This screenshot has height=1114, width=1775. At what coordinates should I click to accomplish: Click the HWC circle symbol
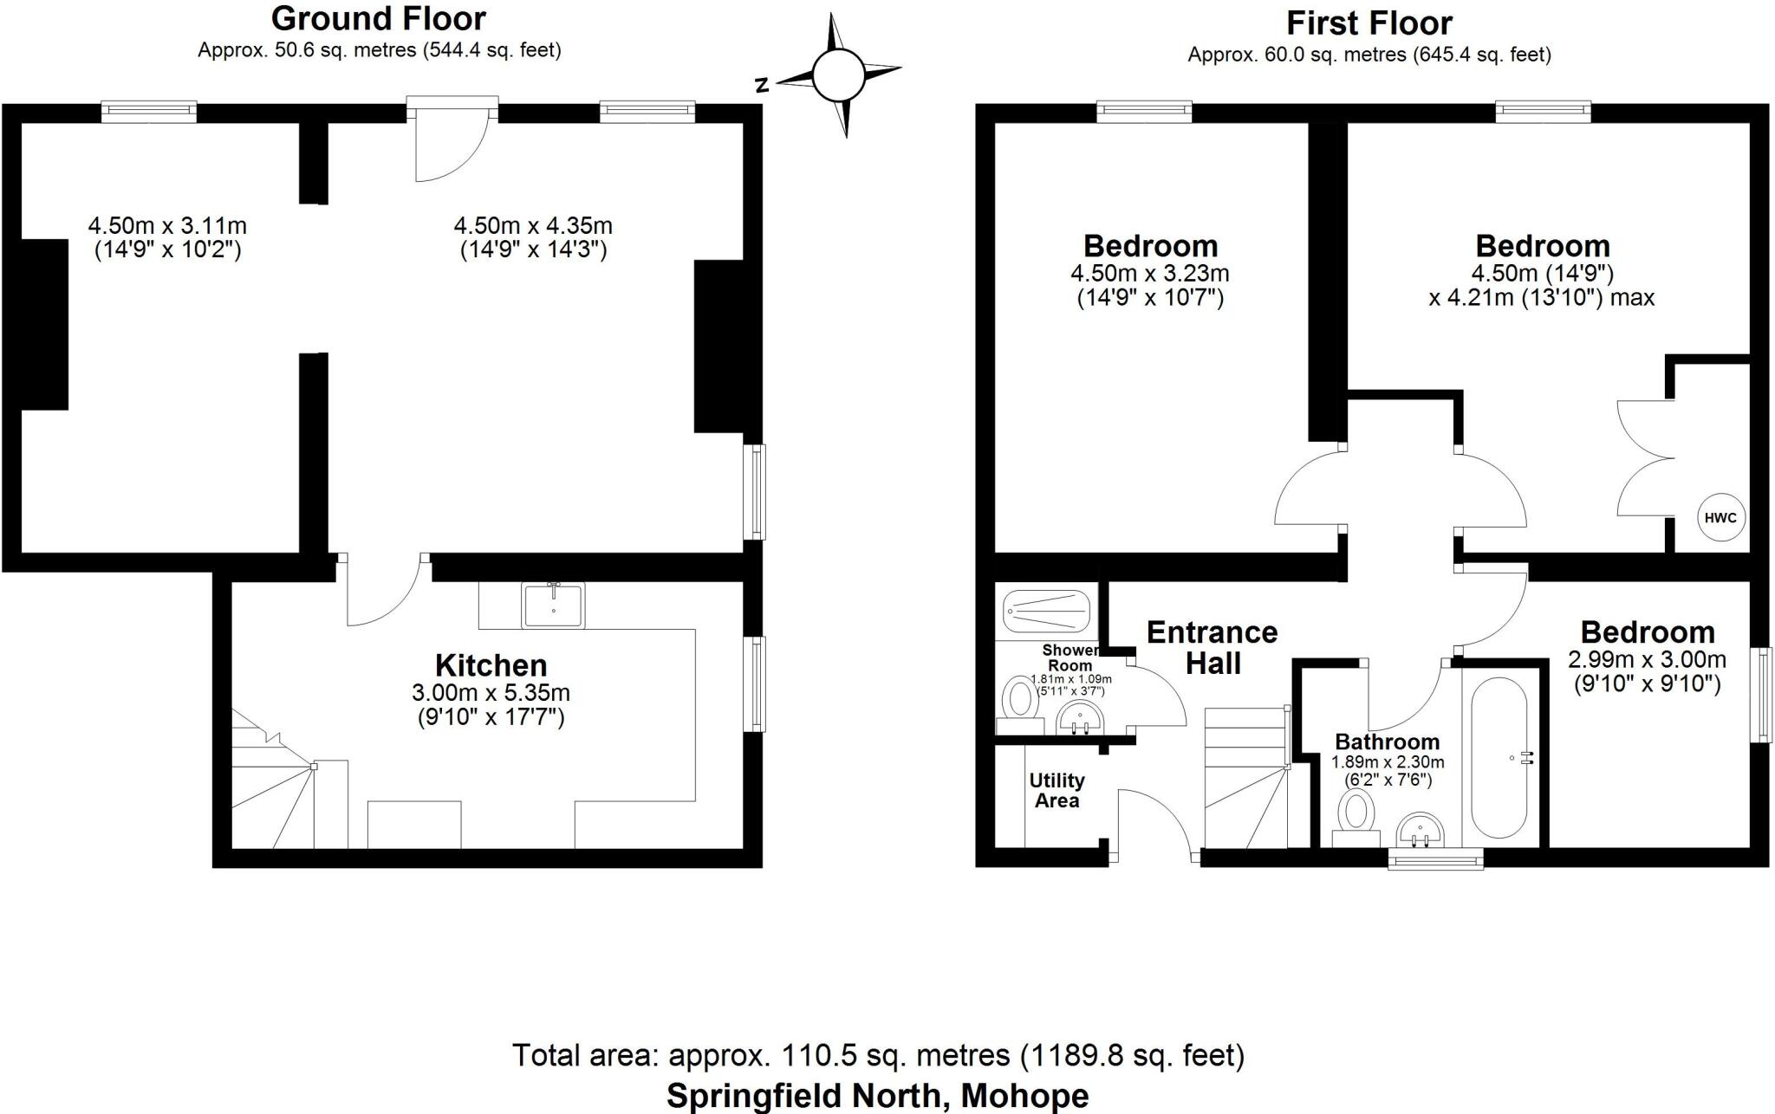pos(1720,518)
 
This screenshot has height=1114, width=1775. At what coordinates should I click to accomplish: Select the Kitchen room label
pos(491,665)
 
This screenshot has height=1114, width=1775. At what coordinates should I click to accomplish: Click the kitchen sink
pos(553,604)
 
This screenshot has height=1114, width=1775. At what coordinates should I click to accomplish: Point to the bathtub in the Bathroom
pos(1499,757)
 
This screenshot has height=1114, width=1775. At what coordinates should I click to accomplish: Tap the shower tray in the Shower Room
pos(1045,612)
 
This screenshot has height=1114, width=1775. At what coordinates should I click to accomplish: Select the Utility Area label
pos(1056,790)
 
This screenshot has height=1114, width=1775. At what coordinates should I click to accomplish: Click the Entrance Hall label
pos(1212,647)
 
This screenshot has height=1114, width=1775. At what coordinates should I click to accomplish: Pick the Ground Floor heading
pos(379,18)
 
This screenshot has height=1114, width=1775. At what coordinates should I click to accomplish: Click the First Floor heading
pos(1369,23)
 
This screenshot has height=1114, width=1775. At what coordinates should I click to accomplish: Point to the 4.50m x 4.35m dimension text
pos(532,237)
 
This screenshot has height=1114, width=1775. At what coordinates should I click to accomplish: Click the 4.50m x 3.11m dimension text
pos(167,237)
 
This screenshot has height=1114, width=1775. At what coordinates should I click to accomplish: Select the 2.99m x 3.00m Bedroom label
pos(1647,657)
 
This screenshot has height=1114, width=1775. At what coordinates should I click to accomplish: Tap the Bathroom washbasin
pos(1421,830)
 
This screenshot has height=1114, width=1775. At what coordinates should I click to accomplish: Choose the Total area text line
pos(877,1055)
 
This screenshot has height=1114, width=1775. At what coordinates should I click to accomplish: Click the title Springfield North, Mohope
pos(877,1095)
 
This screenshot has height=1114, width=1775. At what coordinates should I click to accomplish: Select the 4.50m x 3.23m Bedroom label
pos(1149,270)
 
